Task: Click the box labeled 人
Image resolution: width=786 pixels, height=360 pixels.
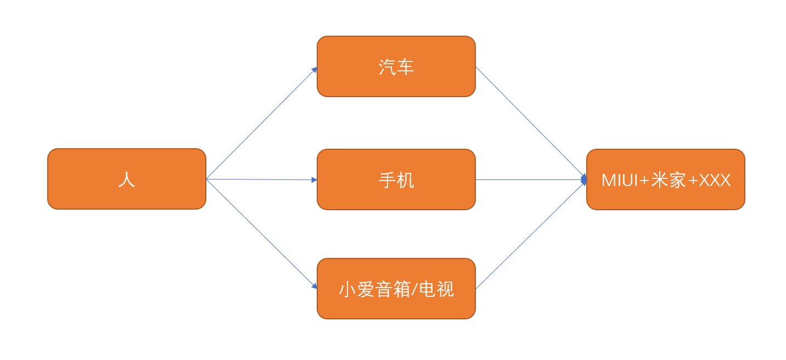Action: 127,179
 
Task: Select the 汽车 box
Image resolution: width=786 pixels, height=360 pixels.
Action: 396,66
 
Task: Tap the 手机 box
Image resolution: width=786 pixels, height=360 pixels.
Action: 396,179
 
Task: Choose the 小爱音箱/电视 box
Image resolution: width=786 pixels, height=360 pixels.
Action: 396,289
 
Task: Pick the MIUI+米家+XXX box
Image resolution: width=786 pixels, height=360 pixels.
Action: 666,179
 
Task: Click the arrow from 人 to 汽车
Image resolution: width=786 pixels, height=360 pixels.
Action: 262,123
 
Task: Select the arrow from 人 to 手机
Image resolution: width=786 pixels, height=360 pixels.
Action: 262,179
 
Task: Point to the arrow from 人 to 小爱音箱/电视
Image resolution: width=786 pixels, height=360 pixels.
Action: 262,234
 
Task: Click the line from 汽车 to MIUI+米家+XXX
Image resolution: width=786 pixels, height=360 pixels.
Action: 531,123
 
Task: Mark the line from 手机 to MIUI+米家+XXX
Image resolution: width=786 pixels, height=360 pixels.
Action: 531,179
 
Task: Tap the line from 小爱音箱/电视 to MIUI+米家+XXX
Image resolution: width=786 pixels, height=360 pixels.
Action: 531,234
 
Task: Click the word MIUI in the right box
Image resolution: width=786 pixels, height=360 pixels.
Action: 620,181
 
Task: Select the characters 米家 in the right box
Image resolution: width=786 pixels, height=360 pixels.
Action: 669,180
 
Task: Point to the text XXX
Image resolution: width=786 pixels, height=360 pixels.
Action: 715,181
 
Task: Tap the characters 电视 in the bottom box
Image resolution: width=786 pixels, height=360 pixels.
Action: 437,289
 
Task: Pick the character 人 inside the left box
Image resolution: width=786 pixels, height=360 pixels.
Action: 127,179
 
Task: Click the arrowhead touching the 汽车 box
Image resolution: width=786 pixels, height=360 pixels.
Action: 315,70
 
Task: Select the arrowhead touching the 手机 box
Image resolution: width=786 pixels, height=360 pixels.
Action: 315,180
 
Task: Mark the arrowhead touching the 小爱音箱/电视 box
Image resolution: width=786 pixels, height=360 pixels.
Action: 315,286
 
